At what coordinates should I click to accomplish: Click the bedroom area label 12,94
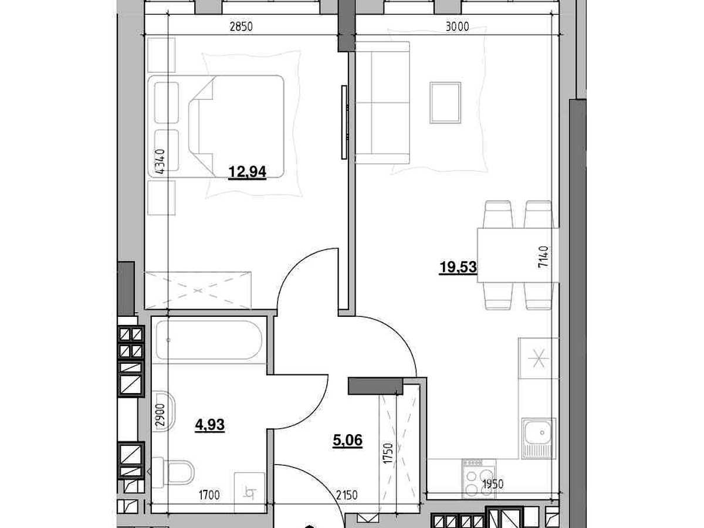point(247,172)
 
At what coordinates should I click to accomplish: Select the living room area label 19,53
point(458,267)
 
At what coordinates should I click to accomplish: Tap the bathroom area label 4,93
point(210,425)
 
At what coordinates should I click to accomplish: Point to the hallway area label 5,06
point(348,440)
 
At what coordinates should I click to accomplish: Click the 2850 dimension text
point(241,26)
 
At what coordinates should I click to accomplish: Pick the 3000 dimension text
point(458,26)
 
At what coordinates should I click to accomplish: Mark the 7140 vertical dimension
point(543,257)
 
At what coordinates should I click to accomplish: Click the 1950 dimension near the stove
point(492,484)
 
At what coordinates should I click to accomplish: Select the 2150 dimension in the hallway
point(347,495)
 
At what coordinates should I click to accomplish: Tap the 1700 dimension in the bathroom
point(209,495)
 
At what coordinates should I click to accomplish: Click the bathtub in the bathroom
point(209,340)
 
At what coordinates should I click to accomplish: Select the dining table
point(518,255)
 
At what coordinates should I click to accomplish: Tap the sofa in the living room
point(383,103)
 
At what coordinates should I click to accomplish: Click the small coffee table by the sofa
point(445,103)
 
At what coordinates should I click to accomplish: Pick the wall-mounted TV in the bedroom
point(344,122)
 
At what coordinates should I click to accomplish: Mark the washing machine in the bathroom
point(249,492)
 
